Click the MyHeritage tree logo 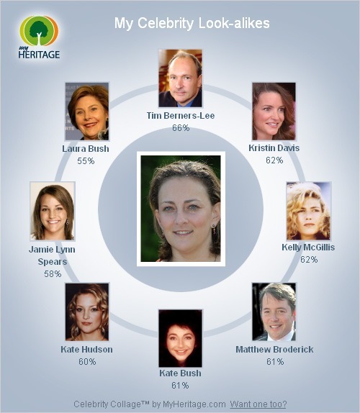coord(40,37)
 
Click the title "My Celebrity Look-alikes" coord(192,23)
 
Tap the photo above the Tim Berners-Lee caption coord(180,78)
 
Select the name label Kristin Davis coord(274,147)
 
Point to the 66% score coord(181,128)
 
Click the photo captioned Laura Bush coord(87,112)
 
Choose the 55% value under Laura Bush coord(86,161)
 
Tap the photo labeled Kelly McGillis coord(308,211)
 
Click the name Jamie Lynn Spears coord(52,255)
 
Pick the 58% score coord(53,274)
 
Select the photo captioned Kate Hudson coord(87,312)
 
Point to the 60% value coord(87,362)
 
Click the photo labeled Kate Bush coord(180,338)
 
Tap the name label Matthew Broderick coord(274,349)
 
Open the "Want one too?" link coord(258,404)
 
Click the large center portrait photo coord(181,209)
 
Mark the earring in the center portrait coord(214,229)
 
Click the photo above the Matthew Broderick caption coord(274,312)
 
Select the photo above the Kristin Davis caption coord(274,112)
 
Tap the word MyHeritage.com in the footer coord(194,404)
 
